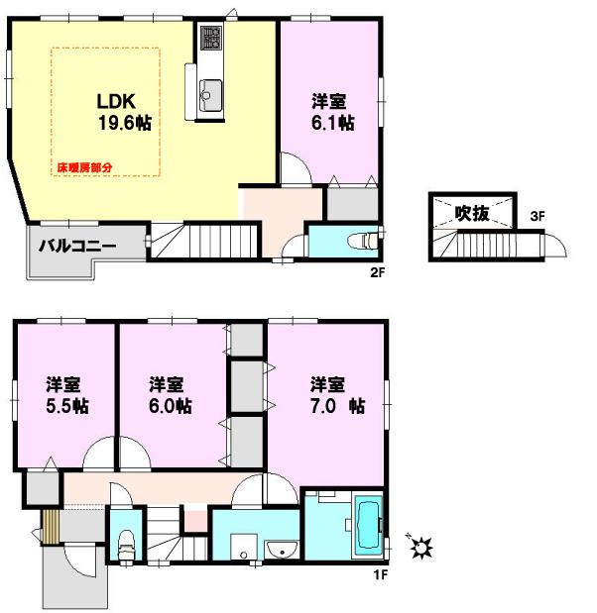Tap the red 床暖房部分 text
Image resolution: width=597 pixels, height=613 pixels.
coord(84,169)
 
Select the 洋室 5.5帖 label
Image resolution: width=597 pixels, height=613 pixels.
coord(64,394)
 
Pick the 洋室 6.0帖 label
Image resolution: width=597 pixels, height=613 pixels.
coord(170,394)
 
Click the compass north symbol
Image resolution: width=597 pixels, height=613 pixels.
coord(419,546)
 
